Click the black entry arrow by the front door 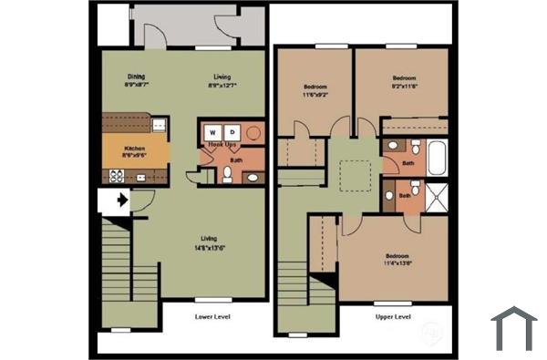point(119,201)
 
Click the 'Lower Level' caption point(212,317)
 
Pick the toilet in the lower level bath point(227,174)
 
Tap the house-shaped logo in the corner point(513,328)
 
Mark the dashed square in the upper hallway point(353,173)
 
